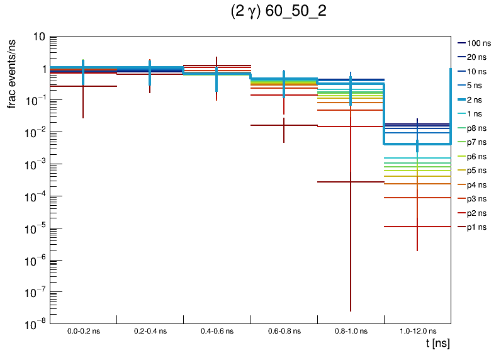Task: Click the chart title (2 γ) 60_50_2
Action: [x=279, y=13]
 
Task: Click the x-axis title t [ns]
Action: [x=436, y=344]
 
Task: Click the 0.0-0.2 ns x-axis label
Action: [x=83, y=330]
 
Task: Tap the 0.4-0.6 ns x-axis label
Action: [x=217, y=330]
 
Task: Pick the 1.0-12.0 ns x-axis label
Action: [x=417, y=330]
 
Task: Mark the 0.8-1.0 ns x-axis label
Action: [x=350, y=330]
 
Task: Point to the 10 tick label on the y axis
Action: [x=38, y=37]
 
